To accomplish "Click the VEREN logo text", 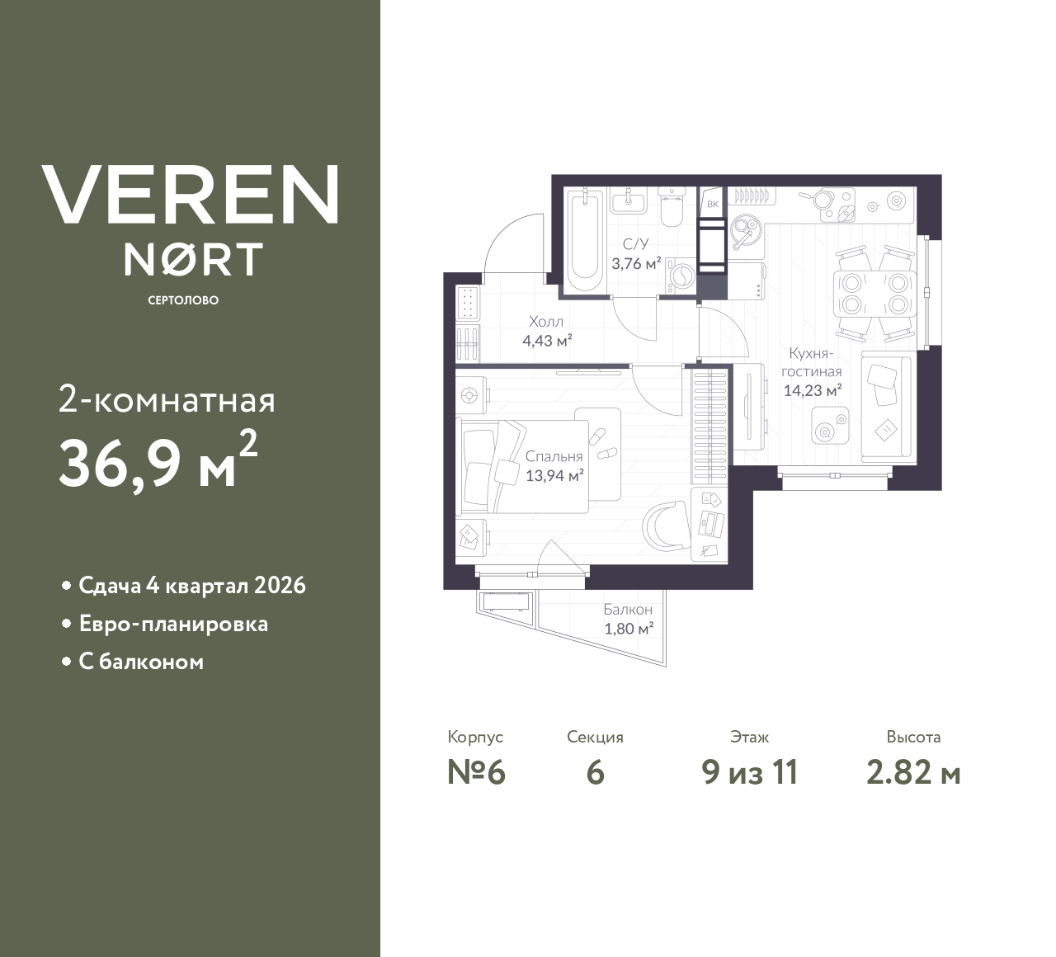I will pyautogui.click(x=191, y=194).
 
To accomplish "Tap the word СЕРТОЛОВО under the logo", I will pyautogui.click(x=183, y=300).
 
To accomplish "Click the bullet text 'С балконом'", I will pyautogui.click(x=141, y=662).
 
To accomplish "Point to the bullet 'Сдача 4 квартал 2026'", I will pyautogui.click(x=191, y=586).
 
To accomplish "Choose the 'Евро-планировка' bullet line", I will pyautogui.click(x=173, y=624).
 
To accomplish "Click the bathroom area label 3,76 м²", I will pyautogui.click(x=635, y=264).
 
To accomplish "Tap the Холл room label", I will pyautogui.click(x=546, y=322).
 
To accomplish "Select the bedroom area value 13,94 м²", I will pyautogui.click(x=554, y=475).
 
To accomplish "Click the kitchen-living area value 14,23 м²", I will pyautogui.click(x=812, y=390).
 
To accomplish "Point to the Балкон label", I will pyautogui.click(x=628, y=610).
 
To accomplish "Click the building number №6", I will pyautogui.click(x=475, y=773).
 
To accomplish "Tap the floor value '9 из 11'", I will pyautogui.click(x=749, y=773).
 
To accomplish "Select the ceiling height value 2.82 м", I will pyautogui.click(x=913, y=773).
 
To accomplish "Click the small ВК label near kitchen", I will pyautogui.click(x=712, y=203).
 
